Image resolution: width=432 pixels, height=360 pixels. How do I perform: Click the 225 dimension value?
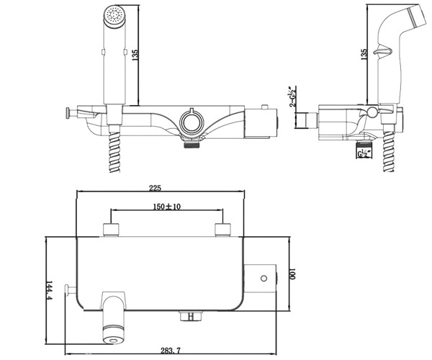(155, 188)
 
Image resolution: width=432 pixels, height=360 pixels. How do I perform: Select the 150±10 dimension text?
(167, 207)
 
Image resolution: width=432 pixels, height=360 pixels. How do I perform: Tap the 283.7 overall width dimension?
(171, 351)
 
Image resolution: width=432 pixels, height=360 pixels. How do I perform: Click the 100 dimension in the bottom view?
(292, 273)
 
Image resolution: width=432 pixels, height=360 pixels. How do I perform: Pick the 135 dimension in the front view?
(135, 55)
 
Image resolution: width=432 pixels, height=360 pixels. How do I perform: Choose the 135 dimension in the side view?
(364, 55)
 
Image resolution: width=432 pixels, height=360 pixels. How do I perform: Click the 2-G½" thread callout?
(293, 96)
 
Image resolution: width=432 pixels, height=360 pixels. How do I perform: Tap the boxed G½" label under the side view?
(364, 153)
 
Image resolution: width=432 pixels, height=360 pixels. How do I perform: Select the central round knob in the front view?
(192, 122)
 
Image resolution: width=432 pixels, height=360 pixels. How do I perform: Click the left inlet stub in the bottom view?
(111, 230)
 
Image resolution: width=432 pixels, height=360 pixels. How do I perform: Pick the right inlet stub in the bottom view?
(222, 230)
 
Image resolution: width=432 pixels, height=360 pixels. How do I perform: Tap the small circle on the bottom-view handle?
(264, 278)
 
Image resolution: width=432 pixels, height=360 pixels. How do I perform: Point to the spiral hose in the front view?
(114, 152)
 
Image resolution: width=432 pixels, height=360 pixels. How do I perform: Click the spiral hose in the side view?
(389, 152)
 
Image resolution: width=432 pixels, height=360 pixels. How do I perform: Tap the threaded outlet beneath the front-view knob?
(192, 144)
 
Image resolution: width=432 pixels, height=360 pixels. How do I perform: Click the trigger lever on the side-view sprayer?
(383, 51)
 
